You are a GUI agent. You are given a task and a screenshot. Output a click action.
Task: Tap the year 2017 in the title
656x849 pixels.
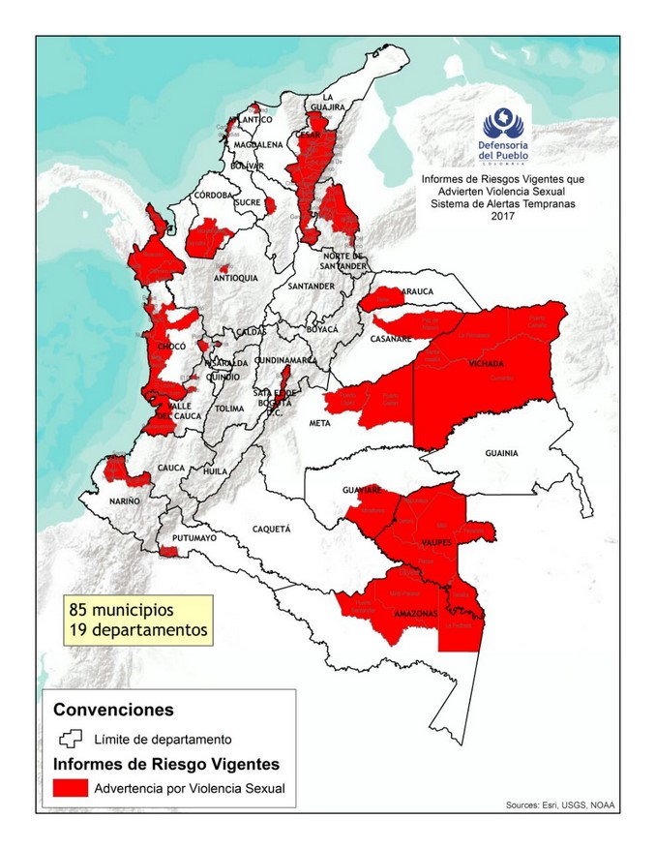click(x=502, y=216)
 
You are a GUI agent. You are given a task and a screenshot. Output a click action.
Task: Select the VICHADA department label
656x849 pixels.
click(x=486, y=364)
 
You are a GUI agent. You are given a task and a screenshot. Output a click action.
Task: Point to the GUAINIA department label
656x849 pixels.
click(x=502, y=452)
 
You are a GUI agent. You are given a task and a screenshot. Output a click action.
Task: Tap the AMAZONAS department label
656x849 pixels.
click(x=416, y=614)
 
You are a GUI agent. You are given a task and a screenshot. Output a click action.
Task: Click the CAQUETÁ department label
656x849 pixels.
click(x=271, y=530)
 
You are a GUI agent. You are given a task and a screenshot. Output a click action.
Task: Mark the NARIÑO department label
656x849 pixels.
click(x=124, y=500)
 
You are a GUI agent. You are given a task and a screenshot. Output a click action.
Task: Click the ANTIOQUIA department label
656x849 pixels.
click(x=235, y=278)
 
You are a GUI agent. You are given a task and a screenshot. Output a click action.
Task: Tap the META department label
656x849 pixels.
click(x=319, y=423)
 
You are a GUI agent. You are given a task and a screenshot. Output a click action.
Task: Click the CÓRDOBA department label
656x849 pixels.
click(x=213, y=195)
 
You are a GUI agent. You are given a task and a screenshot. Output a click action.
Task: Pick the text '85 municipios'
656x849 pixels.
click(x=121, y=611)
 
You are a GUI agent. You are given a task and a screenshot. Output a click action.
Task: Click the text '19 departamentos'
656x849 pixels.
click(x=138, y=629)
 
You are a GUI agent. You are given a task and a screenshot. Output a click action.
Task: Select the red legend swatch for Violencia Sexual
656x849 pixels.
click(x=70, y=788)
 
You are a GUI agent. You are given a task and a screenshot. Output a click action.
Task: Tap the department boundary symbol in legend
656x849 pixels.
click(x=70, y=740)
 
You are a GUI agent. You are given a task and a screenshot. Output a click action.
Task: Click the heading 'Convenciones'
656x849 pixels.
click(x=113, y=710)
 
